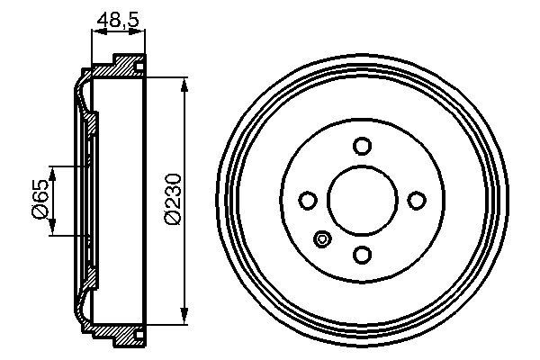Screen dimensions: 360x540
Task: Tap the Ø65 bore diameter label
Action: coord(40,199)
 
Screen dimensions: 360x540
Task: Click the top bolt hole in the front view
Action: coord(363,146)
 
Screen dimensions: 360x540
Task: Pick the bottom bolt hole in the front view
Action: coord(363,255)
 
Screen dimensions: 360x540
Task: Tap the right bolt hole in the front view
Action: coord(417,200)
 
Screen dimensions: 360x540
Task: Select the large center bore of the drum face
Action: coord(363,200)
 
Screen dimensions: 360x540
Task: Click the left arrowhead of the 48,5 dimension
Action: coord(95,31)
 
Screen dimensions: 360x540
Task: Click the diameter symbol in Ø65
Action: coord(40,212)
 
